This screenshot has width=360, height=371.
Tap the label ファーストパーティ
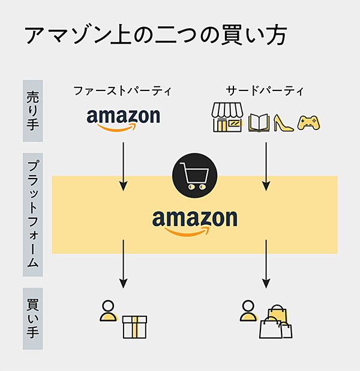coord(122,91)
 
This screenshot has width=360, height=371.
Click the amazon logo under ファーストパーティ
coord(123,118)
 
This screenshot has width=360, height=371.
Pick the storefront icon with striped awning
coord(227,117)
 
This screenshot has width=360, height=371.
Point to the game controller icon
coord(309,122)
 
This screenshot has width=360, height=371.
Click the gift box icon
coord(134,326)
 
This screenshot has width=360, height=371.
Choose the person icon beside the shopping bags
coord(248,310)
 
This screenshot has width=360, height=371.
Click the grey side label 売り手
coord(32,110)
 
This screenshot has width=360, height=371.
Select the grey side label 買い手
coord(32,318)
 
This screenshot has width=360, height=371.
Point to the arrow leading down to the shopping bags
coord(266,264)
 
